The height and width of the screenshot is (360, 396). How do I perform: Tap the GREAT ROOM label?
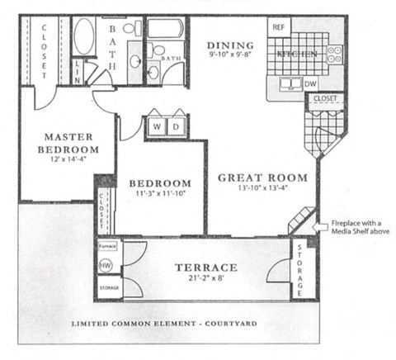point(262,178)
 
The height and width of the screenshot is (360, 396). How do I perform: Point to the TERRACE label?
point(206,268)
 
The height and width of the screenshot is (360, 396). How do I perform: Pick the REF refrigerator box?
point(279,26)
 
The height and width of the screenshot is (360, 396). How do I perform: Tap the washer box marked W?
point(157,126)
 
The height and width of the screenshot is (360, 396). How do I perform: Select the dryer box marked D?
point(175,126)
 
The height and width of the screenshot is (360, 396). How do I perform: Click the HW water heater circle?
point(106,266)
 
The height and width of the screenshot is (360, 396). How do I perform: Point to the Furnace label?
point(106,246)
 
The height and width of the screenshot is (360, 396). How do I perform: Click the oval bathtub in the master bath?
point(84,36)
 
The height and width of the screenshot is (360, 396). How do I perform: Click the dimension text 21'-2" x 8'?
point(206,281)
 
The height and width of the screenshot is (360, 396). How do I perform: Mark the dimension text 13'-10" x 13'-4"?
point(262,190)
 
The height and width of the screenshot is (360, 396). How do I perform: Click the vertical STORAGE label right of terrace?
point(300,270)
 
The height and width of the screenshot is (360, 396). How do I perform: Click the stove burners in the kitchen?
point(334,54)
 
